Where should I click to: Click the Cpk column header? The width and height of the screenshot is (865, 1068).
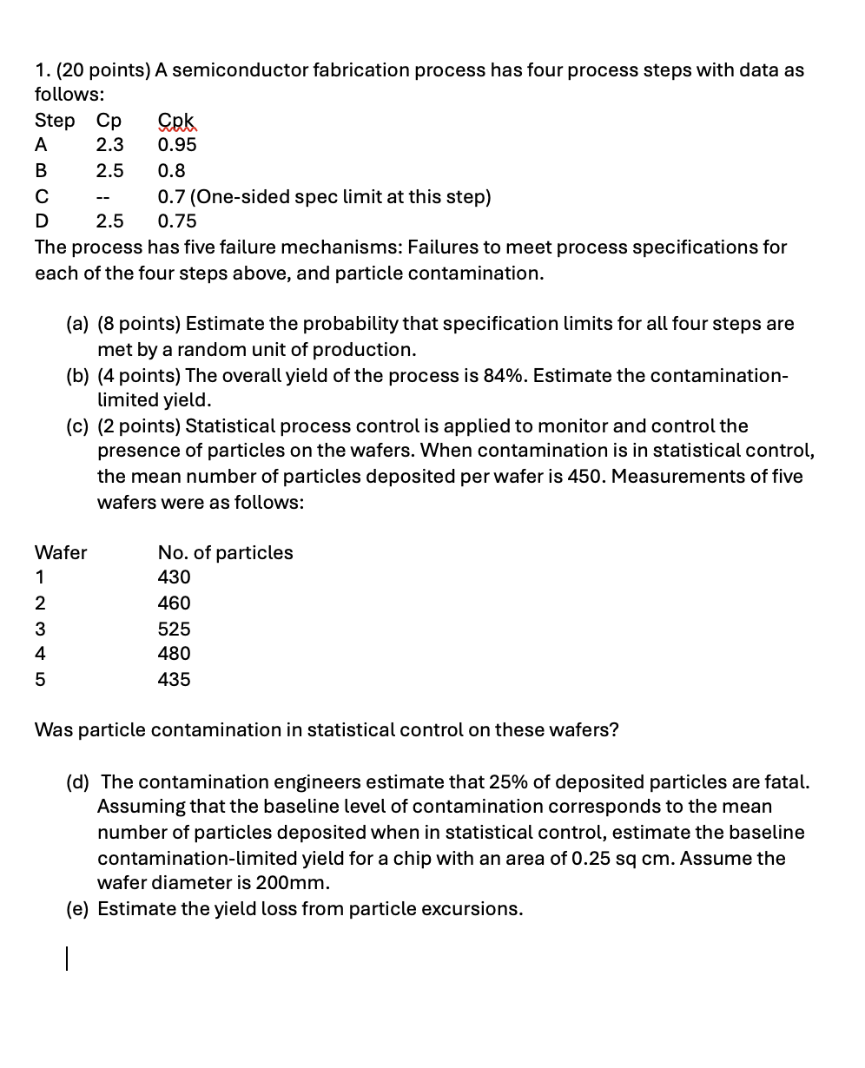(177, 121)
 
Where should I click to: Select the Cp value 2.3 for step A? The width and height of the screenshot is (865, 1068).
(109, 145)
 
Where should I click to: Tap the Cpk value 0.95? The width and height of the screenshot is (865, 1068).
(177, 145)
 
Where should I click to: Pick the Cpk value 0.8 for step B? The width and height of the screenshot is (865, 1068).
(171, 171)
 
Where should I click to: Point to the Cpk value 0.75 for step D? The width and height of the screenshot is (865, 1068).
(177, 221)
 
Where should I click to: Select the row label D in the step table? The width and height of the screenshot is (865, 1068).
(42, 221)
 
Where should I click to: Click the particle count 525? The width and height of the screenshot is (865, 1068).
(174, 629)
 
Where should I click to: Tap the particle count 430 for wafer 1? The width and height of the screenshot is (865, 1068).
(174, 577)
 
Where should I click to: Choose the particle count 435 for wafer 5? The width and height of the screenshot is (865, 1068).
(174, 680)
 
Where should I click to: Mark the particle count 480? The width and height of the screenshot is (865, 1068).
(174, 654)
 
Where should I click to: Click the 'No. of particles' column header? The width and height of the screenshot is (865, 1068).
(225, 552)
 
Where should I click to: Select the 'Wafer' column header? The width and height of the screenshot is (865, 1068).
(61, 552)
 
